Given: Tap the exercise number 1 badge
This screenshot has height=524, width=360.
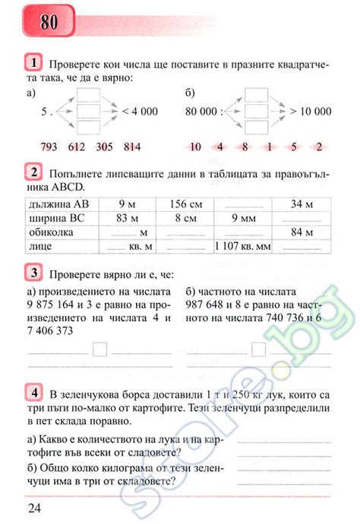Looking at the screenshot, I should pos(34,61).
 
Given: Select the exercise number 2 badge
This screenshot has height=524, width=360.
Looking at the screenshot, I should pos(34,171).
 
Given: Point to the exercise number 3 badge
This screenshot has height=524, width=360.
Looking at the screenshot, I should pos(34,273).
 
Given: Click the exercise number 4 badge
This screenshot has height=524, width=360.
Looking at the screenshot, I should pos(34,393).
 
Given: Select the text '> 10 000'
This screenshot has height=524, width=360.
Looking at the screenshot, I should pos(310,111).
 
